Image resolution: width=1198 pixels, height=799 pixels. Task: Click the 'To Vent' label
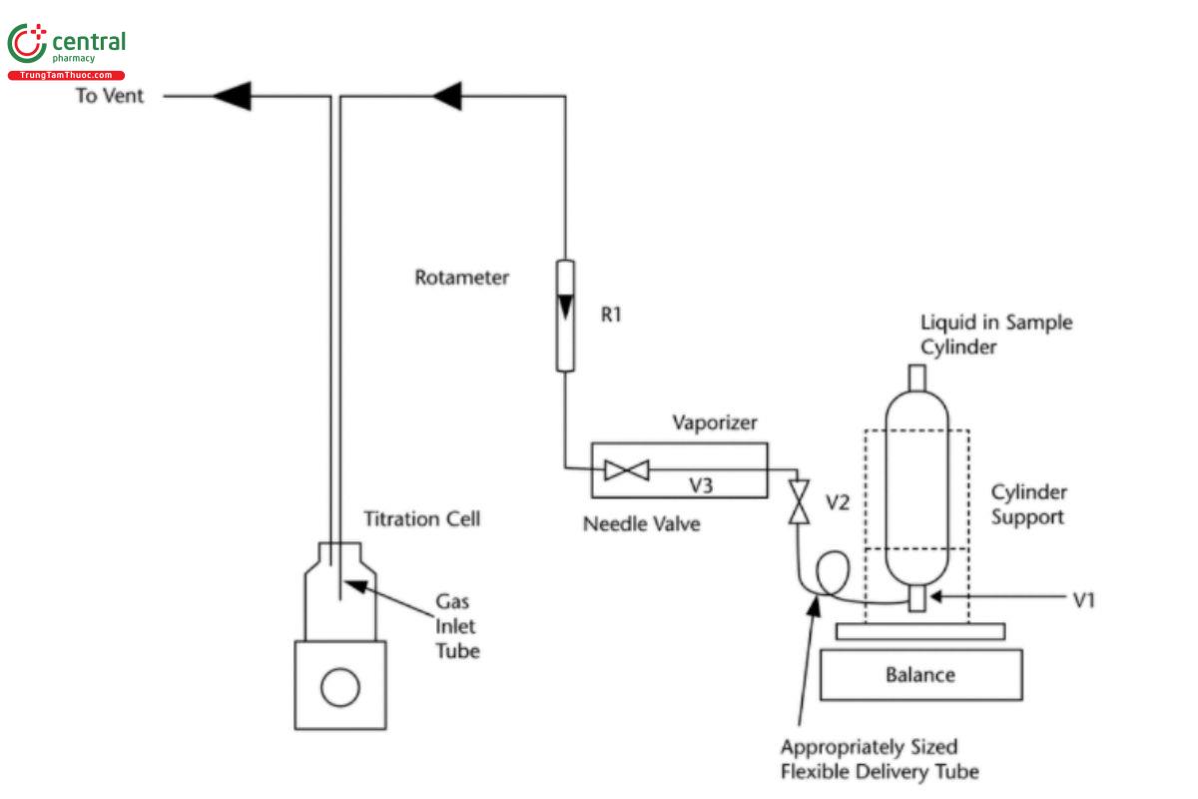pyautogui.click(x=110, y=96)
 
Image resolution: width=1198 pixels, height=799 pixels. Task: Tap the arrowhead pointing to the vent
pyautogui.click(x=231, y=96)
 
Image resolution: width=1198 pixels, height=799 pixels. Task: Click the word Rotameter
pyautogui.click(x=461, y=278)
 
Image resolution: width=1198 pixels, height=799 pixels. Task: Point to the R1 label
pyautogui.click(x=611, y=315)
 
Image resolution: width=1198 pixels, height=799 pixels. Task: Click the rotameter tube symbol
pyautogui.click(x=565, y=315)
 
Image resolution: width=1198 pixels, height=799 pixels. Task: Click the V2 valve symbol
pyautogui.click(x=798, y=501)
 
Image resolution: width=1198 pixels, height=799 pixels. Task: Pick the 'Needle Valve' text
pyautogui.click(x=641, y=523)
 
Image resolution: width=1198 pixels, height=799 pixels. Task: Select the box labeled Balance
pyautogui.click(x=920, y=674)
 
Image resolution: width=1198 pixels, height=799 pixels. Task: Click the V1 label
pyautogui.click(x=1084, y=600)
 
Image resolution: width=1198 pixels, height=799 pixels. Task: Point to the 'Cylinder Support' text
pyautogui.click(x=1028, y=505)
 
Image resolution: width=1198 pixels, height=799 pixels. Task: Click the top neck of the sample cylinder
pyautogui.click(x=917, y=380)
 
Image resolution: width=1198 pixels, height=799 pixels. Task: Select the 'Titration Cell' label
pyautogui.click(x=421, y=519)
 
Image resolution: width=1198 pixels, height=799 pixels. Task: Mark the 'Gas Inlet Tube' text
pyautogui.click(x=457, y=627)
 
